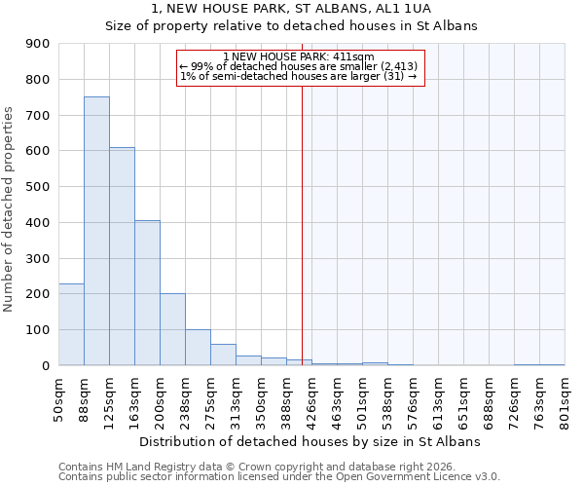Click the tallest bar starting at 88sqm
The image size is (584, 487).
[96, 231]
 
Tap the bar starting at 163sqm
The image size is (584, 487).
[147, 292]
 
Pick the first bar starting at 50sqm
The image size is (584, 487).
[71, 324]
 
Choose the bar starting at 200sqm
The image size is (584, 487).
[172, 329]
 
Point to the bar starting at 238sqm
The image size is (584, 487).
[198, 347]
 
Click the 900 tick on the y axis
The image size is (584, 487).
[38, 44]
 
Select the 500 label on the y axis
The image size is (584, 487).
[38, 187]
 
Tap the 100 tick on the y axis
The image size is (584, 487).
[38, 330]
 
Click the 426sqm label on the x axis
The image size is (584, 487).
[312, 397]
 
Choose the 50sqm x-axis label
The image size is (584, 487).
[59, 397]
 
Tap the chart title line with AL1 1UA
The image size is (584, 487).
[291, 9]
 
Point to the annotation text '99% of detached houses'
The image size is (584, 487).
[299, 66]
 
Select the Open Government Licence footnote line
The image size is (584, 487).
[279, 477]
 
